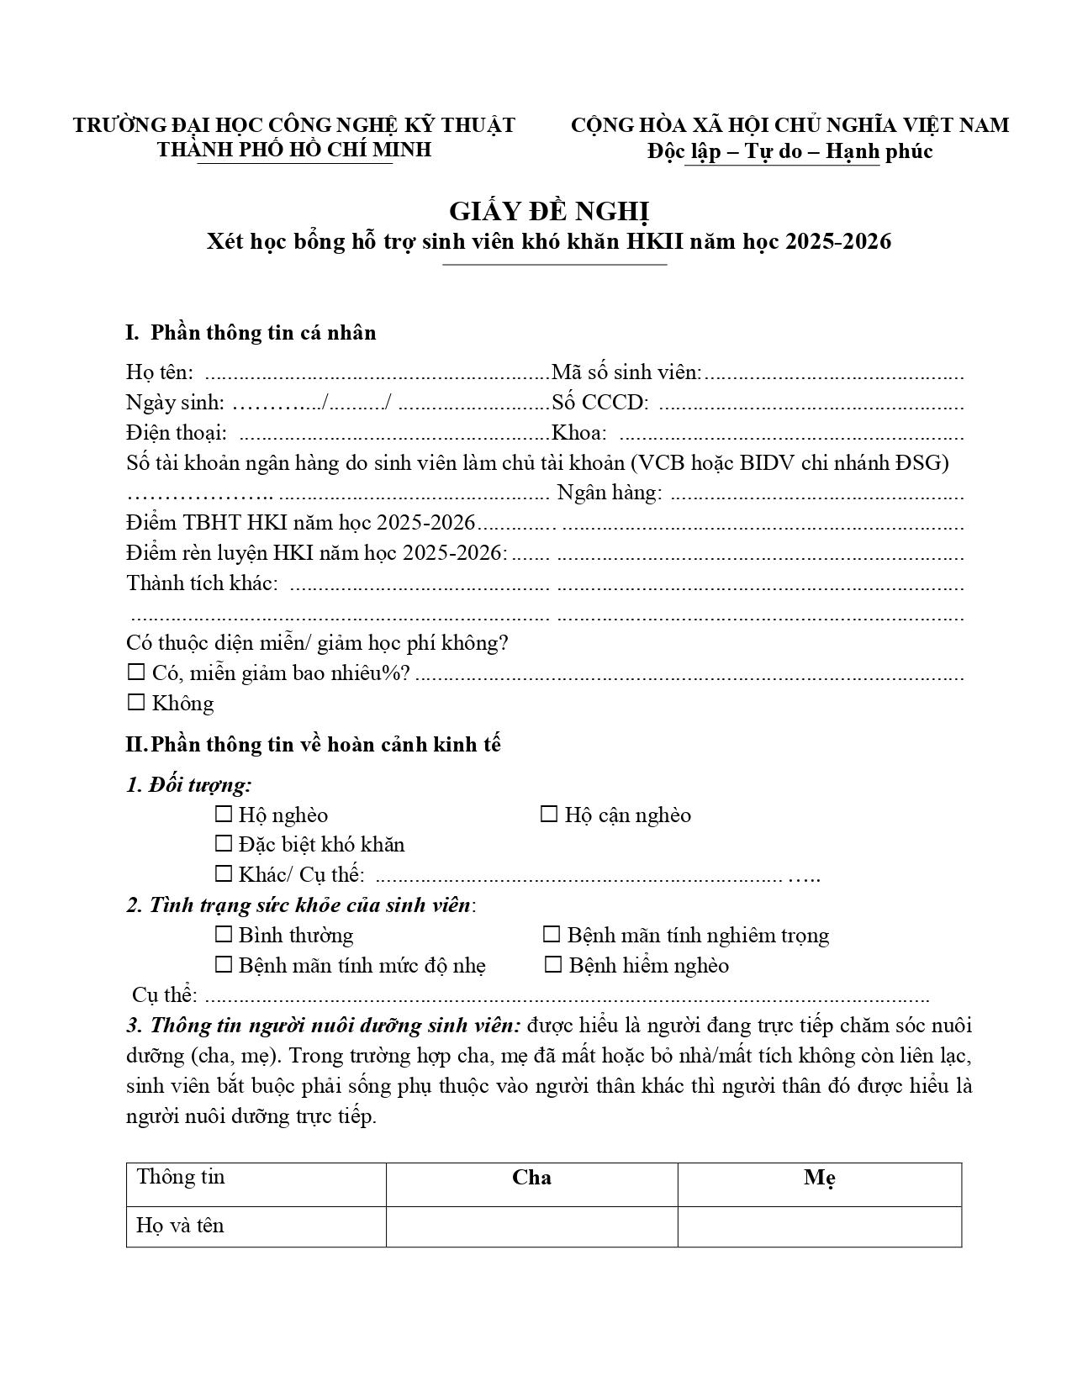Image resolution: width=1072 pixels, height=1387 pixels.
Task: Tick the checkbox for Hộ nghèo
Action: tap(224, 815)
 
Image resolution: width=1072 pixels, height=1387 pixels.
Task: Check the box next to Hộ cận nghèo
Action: tap(549, 815)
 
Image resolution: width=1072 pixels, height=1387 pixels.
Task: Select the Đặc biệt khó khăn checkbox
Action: tap(224, 844)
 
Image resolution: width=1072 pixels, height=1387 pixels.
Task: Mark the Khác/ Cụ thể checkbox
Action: tap(224, 874)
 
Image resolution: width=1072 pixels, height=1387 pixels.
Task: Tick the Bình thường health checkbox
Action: tap(224, 935)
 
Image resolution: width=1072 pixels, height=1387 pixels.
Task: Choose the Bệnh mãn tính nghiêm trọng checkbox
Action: tap(552, 935)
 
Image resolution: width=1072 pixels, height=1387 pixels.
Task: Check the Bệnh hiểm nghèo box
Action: tap(553, 965)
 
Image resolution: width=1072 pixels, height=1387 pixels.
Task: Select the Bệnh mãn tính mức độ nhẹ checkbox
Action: tap(224, 965)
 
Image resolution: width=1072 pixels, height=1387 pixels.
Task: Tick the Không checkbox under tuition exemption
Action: tap(136, 703)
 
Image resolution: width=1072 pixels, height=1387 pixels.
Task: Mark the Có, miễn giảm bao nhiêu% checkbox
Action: tap(136, 673)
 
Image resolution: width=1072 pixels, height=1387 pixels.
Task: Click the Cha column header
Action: tap(531, 1178)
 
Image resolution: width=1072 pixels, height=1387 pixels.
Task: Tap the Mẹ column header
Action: tap(819, 1178)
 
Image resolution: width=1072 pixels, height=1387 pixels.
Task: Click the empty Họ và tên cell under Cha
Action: tap(531, 1226)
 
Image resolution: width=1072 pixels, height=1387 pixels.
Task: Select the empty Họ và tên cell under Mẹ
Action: tap(819, 1226)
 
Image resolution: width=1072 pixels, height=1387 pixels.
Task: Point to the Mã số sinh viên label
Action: tap(626, 372)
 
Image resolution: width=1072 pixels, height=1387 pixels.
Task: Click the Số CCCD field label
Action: tap(600, 403)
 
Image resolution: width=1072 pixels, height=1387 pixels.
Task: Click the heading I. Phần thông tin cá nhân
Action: tap(251, 333)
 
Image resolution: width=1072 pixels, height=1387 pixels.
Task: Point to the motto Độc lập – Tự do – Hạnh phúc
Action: tap(789, 151)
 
